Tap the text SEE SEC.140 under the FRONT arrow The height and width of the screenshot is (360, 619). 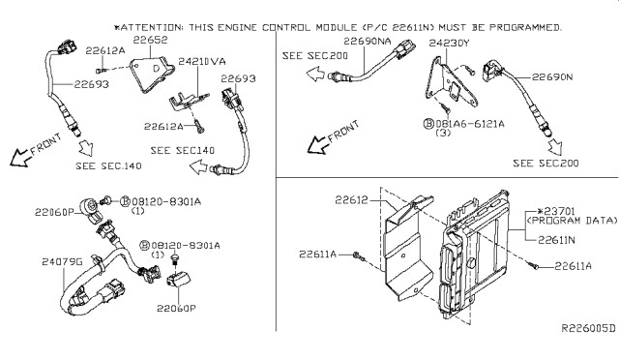tap(106, 167)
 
